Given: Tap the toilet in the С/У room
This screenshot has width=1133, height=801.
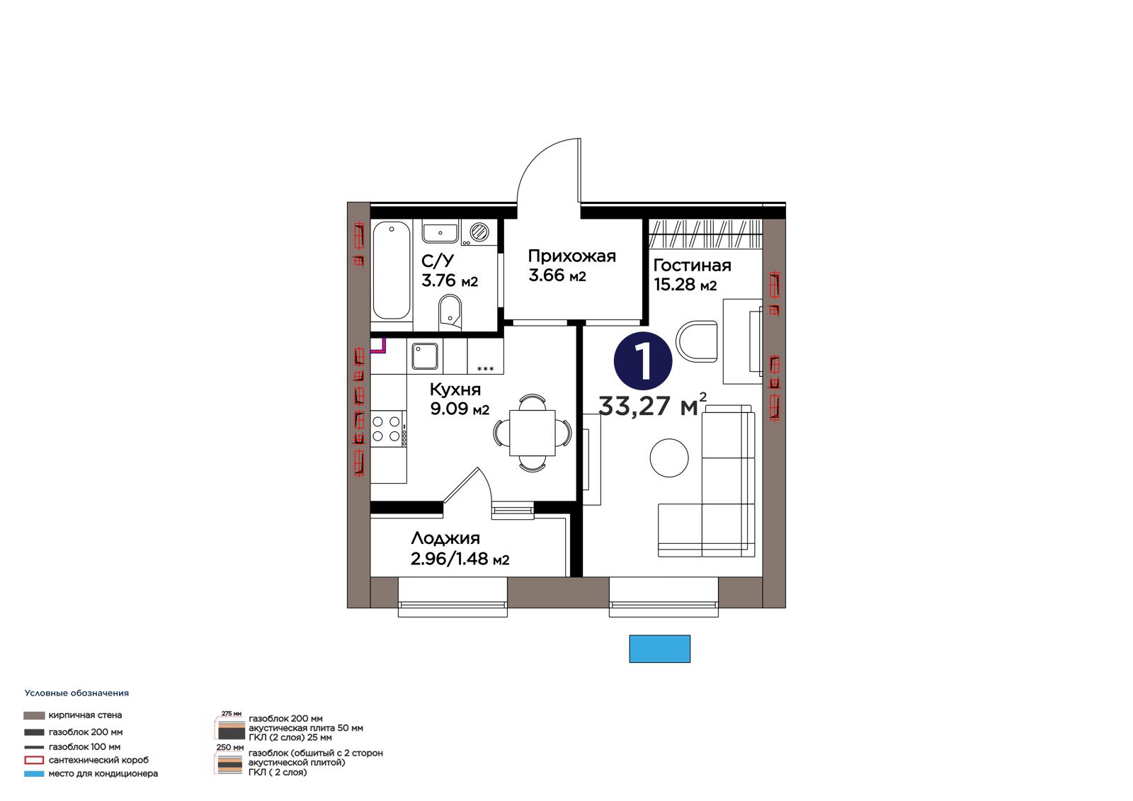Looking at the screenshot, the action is coord(450,310).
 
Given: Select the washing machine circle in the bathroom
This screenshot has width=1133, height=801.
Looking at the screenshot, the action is coord(479,232).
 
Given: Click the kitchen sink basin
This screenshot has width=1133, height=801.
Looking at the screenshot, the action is coord(424,356).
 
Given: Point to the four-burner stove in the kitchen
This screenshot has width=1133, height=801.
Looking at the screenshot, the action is coord(387,428).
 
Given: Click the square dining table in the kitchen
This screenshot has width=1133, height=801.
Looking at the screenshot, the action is coord(532,433).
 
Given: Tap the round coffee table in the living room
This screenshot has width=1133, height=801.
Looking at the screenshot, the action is coord(668,458).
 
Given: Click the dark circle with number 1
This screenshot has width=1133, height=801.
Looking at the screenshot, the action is coord(643,361).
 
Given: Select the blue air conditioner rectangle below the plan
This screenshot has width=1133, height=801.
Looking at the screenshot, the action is coord(659,649).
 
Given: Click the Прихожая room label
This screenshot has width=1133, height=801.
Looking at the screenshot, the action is coord(571,256).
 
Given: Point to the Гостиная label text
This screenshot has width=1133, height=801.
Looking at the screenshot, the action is coord(692,265).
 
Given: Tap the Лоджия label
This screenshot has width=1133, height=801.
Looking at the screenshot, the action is coord(445,538).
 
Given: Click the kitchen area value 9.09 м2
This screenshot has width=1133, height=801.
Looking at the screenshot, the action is coord(460,409).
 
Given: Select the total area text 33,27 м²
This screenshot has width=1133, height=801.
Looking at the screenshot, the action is coord(652,405).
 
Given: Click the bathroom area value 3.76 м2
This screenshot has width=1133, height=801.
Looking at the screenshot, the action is coord(450,280).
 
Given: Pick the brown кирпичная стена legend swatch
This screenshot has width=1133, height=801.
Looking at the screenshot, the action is coord(34,715).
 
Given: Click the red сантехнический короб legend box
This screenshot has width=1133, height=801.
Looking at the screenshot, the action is coord(34,760).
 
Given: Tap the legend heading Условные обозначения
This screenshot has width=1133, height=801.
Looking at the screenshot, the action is coord(77,693).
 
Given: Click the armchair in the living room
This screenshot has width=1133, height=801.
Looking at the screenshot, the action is coord(697,341).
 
